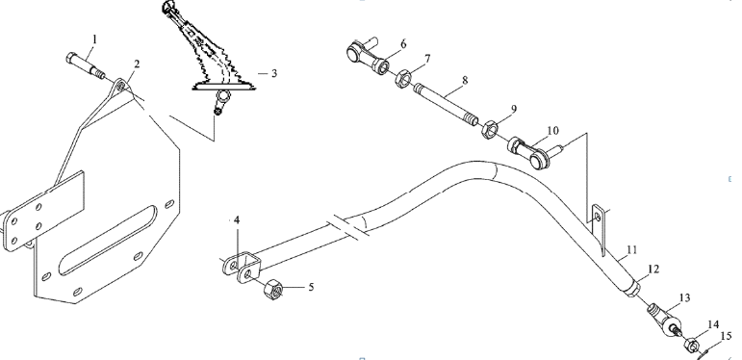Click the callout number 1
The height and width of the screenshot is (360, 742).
[94, 39]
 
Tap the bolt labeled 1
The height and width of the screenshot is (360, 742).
[86, 66]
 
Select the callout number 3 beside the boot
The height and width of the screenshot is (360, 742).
[274, 73]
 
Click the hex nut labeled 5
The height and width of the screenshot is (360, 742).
[274, 288]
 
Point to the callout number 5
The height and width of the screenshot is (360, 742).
[311, 287]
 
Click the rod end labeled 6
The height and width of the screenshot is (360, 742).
[369, 56]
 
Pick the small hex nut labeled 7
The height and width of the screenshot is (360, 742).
[402, 78]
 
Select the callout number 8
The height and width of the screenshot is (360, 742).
[465, 80]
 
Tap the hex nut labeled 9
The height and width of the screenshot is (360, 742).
[488, 129]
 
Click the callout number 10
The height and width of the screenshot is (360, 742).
[552, 130]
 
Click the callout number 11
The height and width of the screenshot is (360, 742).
[632, 249]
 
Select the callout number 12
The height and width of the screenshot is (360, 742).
[653, 270]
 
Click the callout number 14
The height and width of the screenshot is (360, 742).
[713, 324]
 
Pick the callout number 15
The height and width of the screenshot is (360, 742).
[726, 336]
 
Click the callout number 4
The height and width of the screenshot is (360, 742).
[237, 220]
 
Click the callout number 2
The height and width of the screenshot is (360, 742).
[137, 64]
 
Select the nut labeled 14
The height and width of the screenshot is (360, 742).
[691, 346]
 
